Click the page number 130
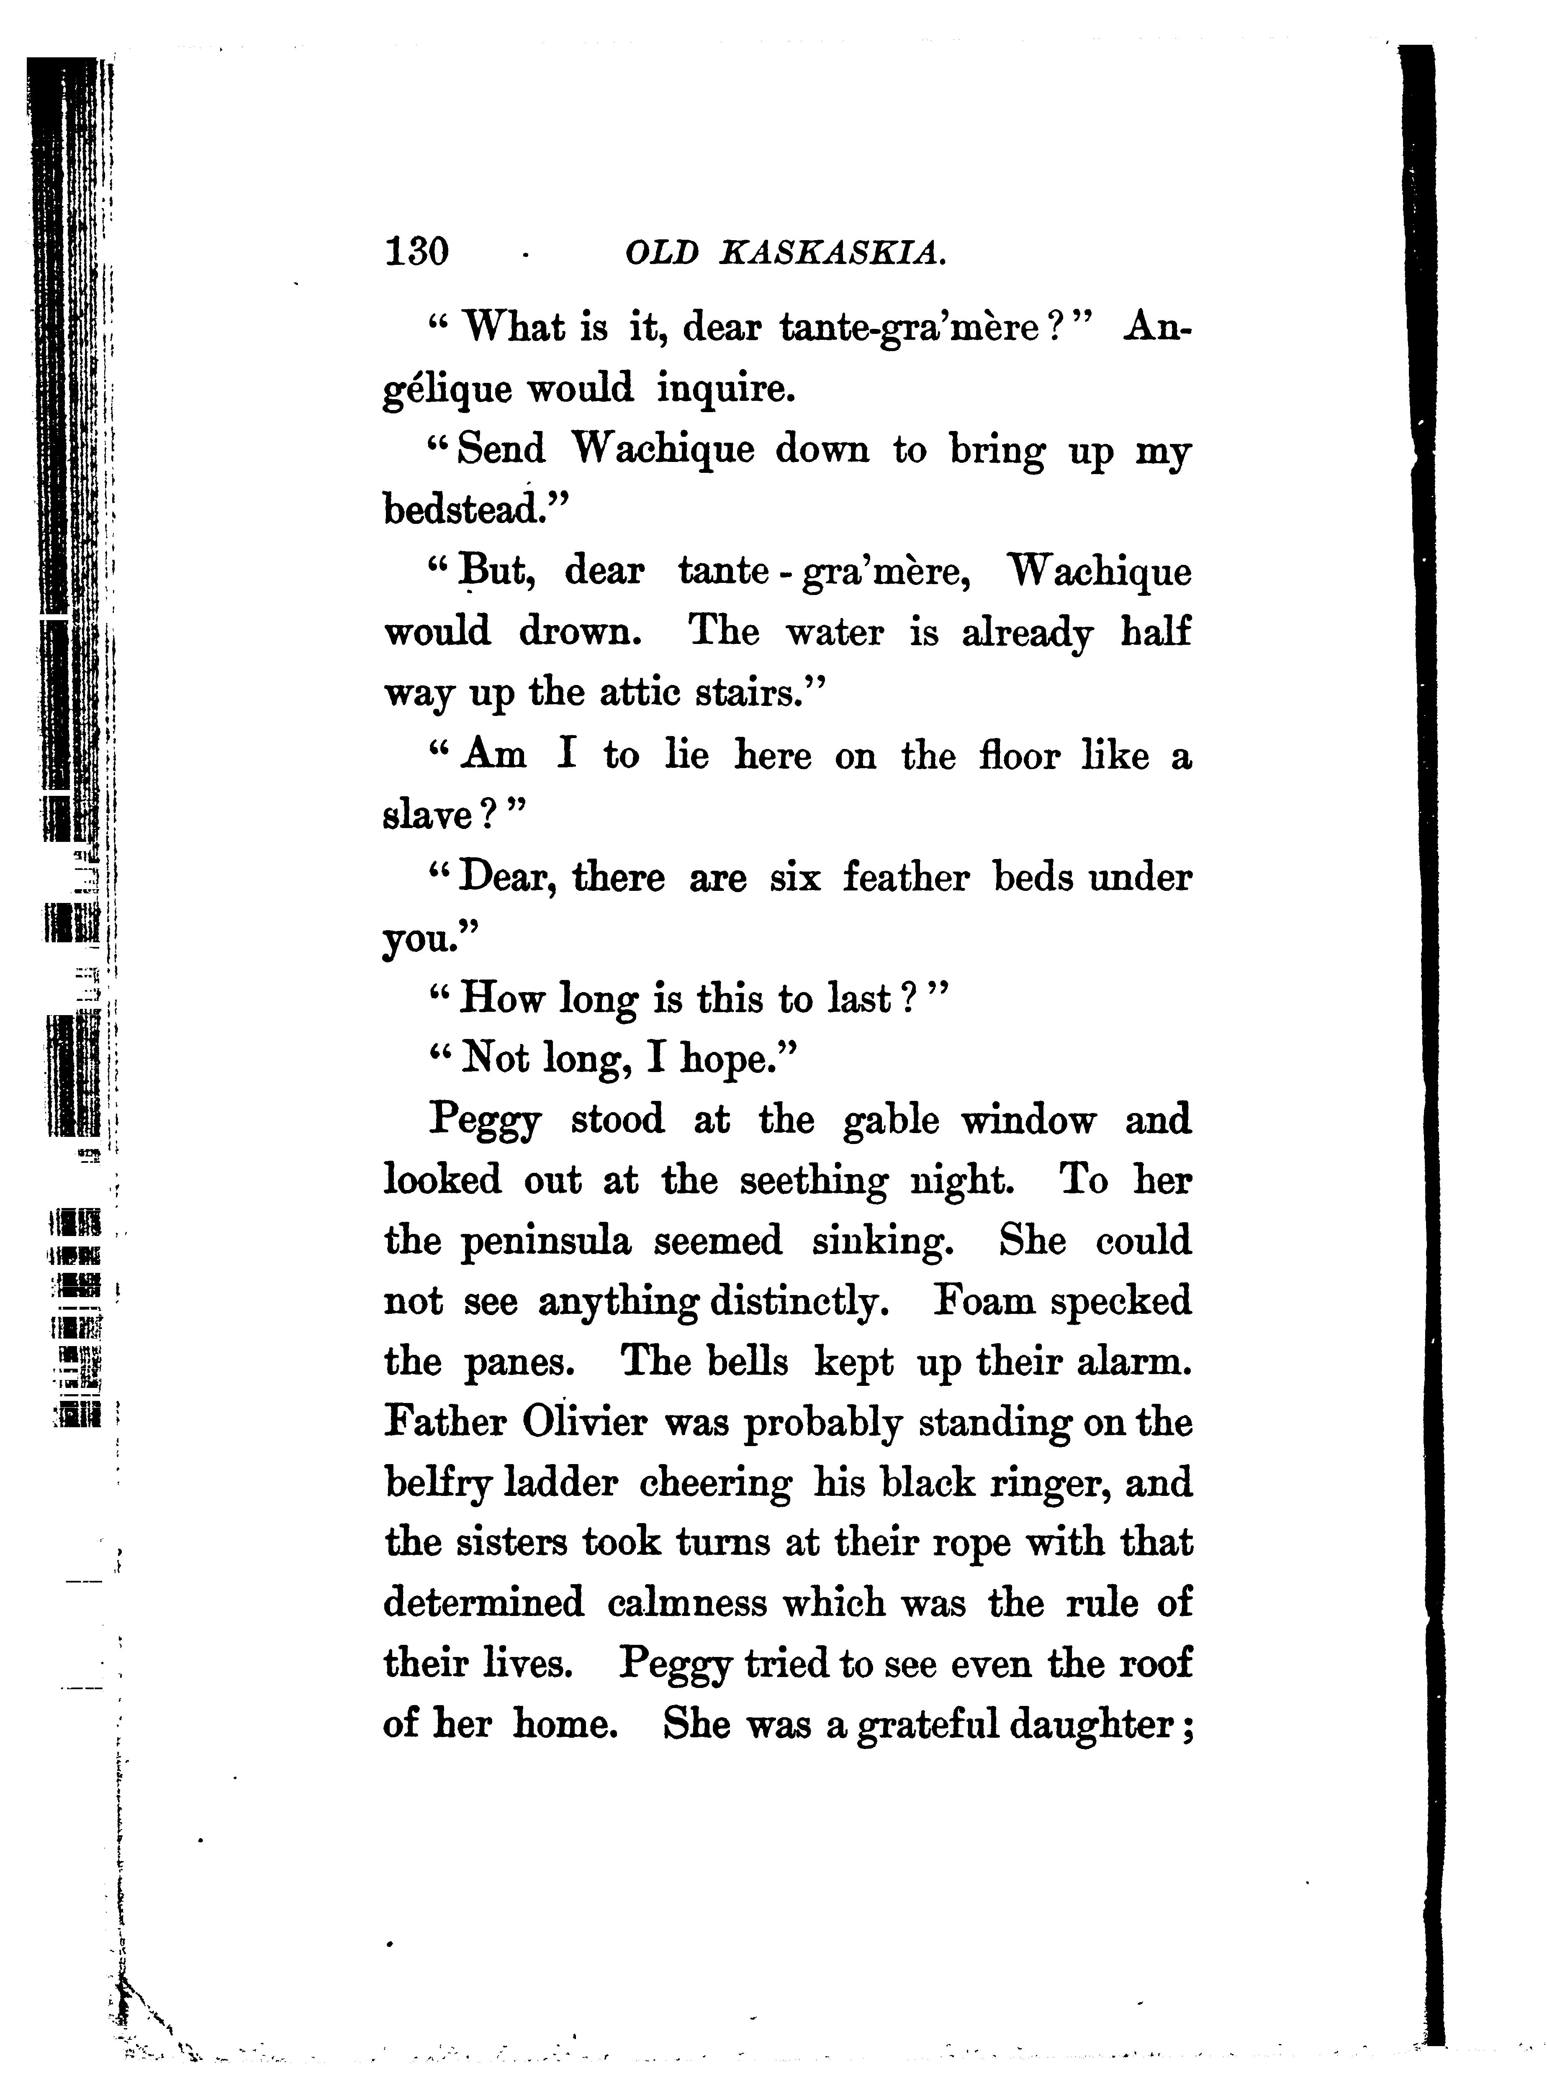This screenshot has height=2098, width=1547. [x=417, y=251]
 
